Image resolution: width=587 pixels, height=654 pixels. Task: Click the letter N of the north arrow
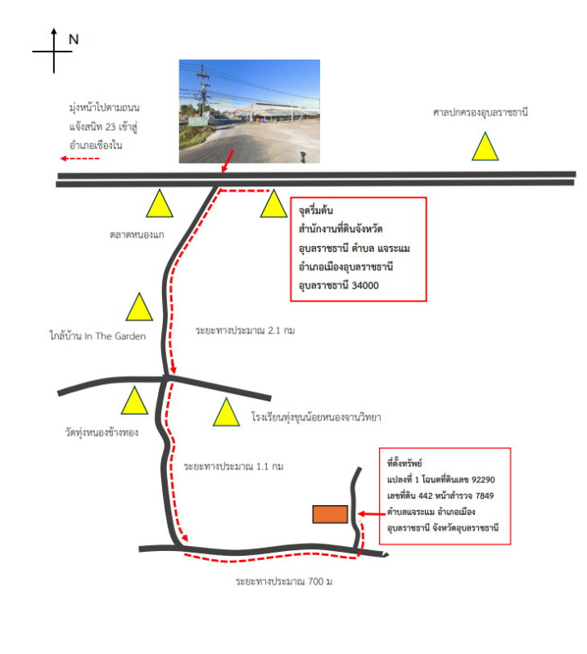click(74, 39)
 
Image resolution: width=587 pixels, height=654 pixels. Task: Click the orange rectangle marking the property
click(330, 514)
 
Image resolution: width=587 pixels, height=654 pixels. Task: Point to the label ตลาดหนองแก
click(137, 235)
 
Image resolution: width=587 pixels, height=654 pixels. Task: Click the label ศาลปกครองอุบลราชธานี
click(481, 112)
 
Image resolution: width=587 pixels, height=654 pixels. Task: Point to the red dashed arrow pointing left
click(79, 159)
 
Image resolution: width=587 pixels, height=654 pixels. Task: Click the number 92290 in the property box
click(483, 480)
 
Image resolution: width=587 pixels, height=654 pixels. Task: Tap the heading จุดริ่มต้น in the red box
click(316, 210)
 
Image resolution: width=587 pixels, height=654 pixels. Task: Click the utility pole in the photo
click(203, 91)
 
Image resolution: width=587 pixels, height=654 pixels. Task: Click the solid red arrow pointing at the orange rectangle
click(372, 514)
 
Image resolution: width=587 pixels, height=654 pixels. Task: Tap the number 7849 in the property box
click(485, 496)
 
